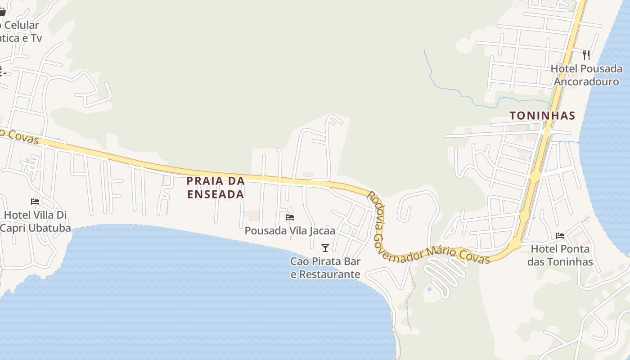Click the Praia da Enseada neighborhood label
[216, 188]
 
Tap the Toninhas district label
[542, 116]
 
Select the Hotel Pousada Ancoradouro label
[587, 75]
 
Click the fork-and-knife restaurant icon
[586, 55]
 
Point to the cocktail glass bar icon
[325, 247]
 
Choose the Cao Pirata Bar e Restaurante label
[325, 268]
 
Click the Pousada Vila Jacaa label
[290, 231]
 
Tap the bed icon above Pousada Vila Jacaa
[290, 217]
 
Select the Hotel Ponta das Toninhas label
[560, 255]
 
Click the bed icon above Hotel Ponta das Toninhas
[560, 235]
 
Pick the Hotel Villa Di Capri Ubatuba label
[35, 221]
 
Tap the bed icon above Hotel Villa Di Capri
[35, 201]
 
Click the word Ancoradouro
[586, 81]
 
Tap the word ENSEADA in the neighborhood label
[216, 194]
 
